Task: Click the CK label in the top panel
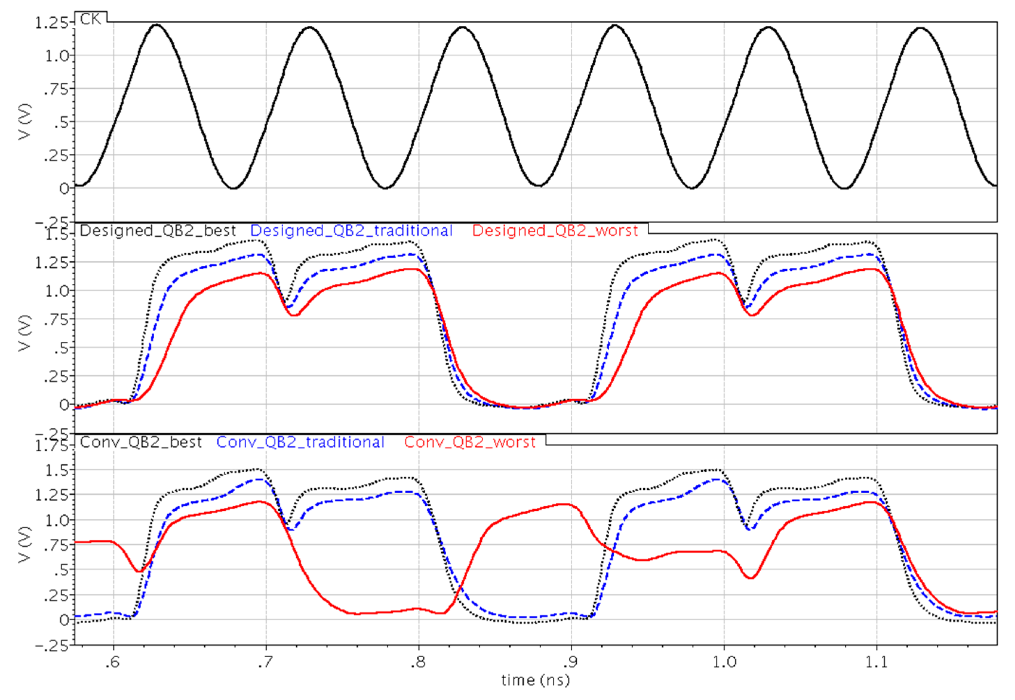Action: pyautogui.click(x=91, y=19)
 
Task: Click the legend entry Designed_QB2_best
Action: pyautogui.click(x=158, y=230)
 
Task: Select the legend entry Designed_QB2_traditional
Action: pyautogui.click(x=351, y=230)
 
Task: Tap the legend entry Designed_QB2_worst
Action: pyautogui.click(x=555, y=230)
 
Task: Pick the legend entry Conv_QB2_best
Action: pyautogui.click(x=141, y=442)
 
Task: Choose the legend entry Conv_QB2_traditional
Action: pyautogui.click(x=301, y=442)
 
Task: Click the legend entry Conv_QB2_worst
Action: pyautogui.click(x=469, y=442)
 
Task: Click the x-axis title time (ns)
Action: pyautogui.click(x=535, y=680)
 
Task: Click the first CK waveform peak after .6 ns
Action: pyautogui.click(x=156, y=25)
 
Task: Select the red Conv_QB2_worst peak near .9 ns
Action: pyautogui.click(x=565, y=505)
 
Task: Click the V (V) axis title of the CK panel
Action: pyautogui.click(x=25, y=122)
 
